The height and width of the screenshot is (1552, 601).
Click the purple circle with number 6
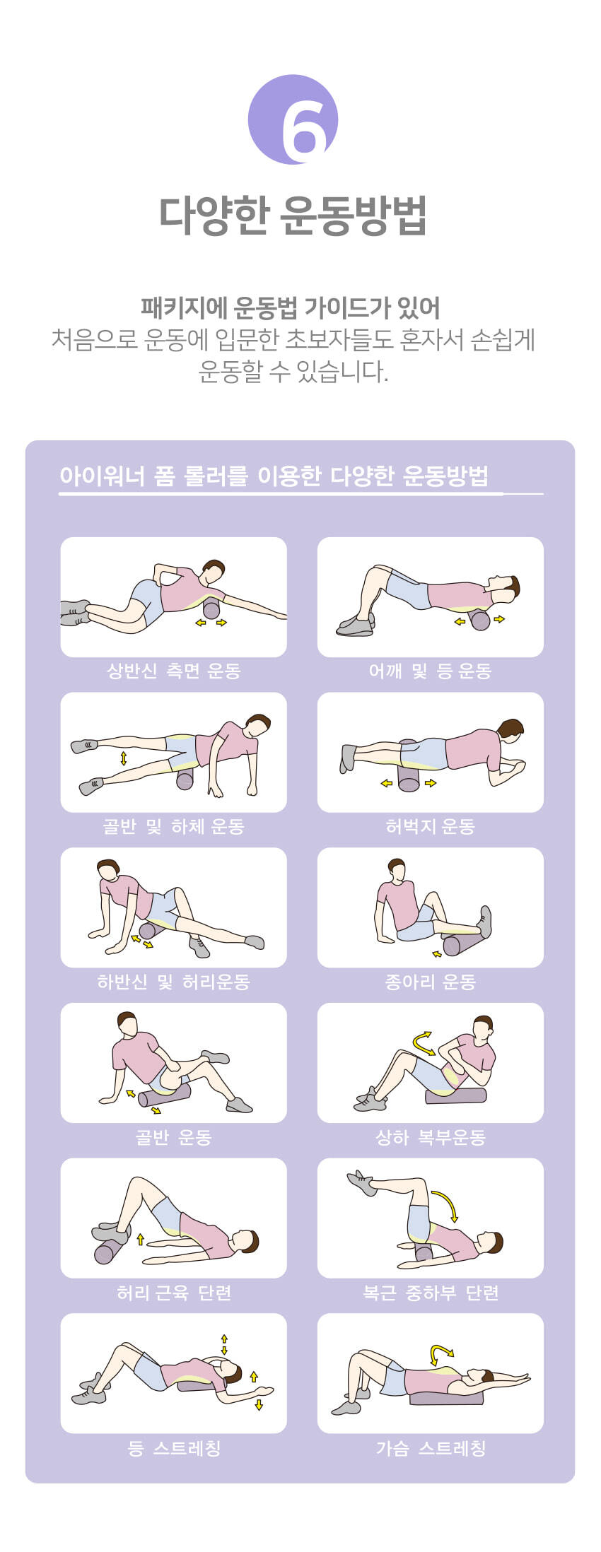pos(293,119)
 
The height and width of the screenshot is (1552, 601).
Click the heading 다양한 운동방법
pos(293,215)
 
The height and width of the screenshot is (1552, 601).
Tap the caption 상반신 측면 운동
pos(174,671)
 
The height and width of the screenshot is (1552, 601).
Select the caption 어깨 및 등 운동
pos(430,671)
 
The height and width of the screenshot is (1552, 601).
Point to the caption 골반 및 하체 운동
pos(174,826)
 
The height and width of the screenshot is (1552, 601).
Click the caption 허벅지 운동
pos(430,826)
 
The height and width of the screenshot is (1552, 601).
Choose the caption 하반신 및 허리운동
pos(174,982)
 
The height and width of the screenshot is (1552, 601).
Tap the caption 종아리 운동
pos(430,982)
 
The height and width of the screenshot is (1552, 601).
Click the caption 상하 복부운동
pos(430,1137)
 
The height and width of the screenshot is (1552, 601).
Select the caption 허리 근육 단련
pos(174,1293)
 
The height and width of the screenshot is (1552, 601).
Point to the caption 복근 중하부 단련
pos(430,1293)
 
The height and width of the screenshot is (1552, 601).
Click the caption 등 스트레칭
pos(174,1448)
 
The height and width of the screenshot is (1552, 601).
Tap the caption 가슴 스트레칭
pos(430,1448)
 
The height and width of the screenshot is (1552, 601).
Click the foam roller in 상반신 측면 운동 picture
pos(211,609)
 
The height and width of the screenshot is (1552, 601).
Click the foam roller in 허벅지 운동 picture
pos(409,766)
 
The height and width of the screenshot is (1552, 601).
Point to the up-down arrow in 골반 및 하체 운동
pos(124,758)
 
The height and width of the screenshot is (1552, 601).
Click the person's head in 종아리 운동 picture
pos(397,869)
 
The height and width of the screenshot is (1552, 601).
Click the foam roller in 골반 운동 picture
pos(165,1095)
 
